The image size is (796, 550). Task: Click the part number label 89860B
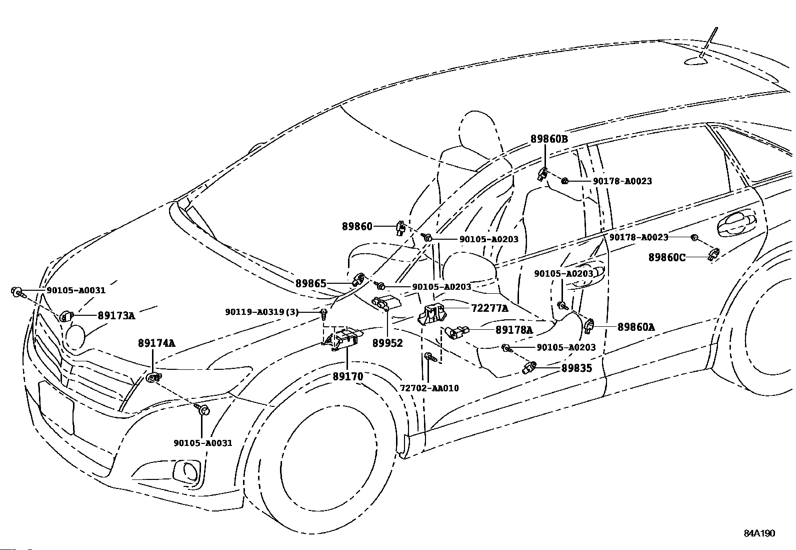pos(549,139)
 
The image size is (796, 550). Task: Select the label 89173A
pos(116,316)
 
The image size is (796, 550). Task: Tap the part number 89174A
pos(156,343)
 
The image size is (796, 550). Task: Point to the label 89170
pos(348,376)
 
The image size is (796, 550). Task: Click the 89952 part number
pos(387,343)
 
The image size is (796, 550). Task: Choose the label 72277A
pos(490,308)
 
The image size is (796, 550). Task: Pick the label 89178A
pos(514,330)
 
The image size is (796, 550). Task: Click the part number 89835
pos(576,368)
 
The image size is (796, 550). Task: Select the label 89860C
pos(667,257)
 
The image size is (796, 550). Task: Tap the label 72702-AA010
pos(429,388)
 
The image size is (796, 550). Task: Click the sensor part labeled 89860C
pos(713,254)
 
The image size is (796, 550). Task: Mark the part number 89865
pos(310,284)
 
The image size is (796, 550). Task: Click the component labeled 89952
pos(386,302)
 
